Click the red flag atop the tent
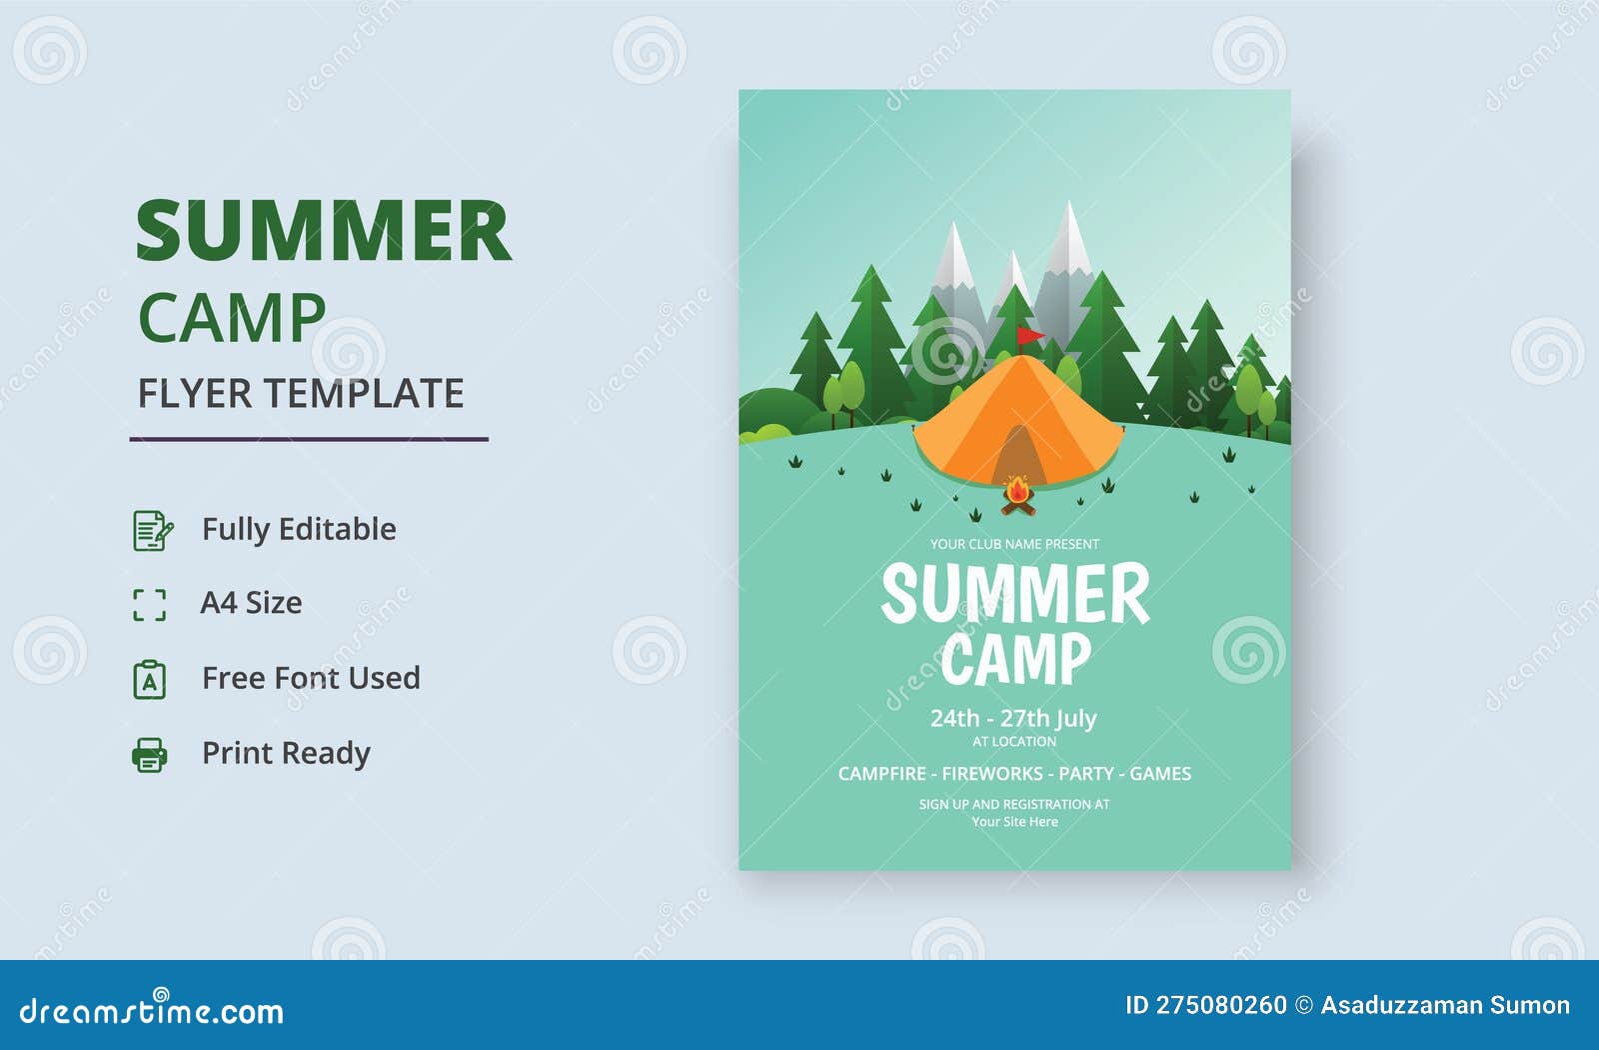coord(1028,335)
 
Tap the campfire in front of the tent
coord(1017,496)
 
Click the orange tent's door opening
coord(1017,459)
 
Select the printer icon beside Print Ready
coord(150,754)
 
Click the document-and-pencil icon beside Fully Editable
coord(152,530)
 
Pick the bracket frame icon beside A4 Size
coord(150,604)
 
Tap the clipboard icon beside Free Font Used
coord(150,679)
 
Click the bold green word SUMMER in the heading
coord(323,232)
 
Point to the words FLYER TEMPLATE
coord(301,394)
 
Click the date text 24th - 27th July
coord(1013,718)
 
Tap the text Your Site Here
coord(1014,822)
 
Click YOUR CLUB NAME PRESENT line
coord(1014,544)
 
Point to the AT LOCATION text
coord(1014,742)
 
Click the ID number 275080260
coord(1221,1005)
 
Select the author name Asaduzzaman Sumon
coord(1445,1005)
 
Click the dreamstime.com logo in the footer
coord(151,1011)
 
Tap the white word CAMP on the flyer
coord(1014,659)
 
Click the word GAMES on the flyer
coord(1160,773)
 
